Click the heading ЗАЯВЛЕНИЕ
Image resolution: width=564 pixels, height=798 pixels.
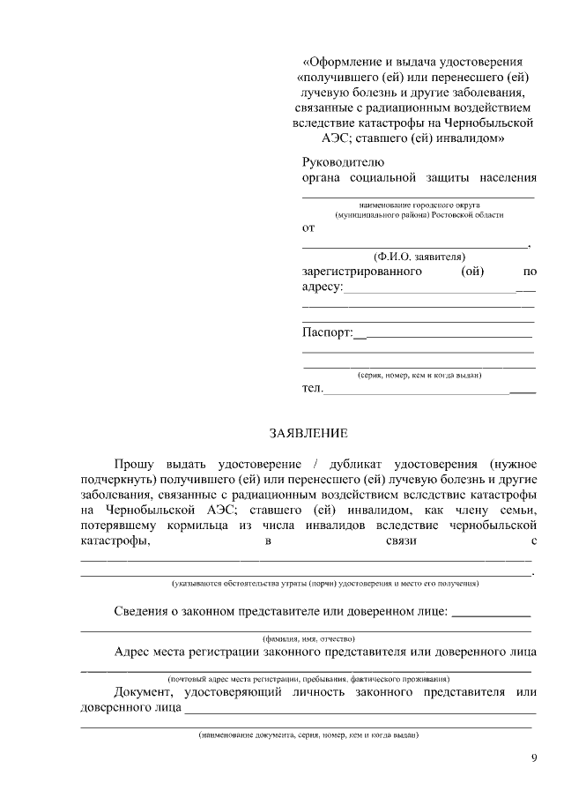[308, 433]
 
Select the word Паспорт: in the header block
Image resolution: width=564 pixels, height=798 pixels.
[328, 333]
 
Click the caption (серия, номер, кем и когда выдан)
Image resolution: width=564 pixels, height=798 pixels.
[419, 375]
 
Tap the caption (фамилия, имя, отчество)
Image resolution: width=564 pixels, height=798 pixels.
[308, 638]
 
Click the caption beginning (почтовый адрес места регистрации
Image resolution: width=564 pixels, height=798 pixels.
[308, 679]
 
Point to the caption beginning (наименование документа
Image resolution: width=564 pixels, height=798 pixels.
[308, 735]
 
